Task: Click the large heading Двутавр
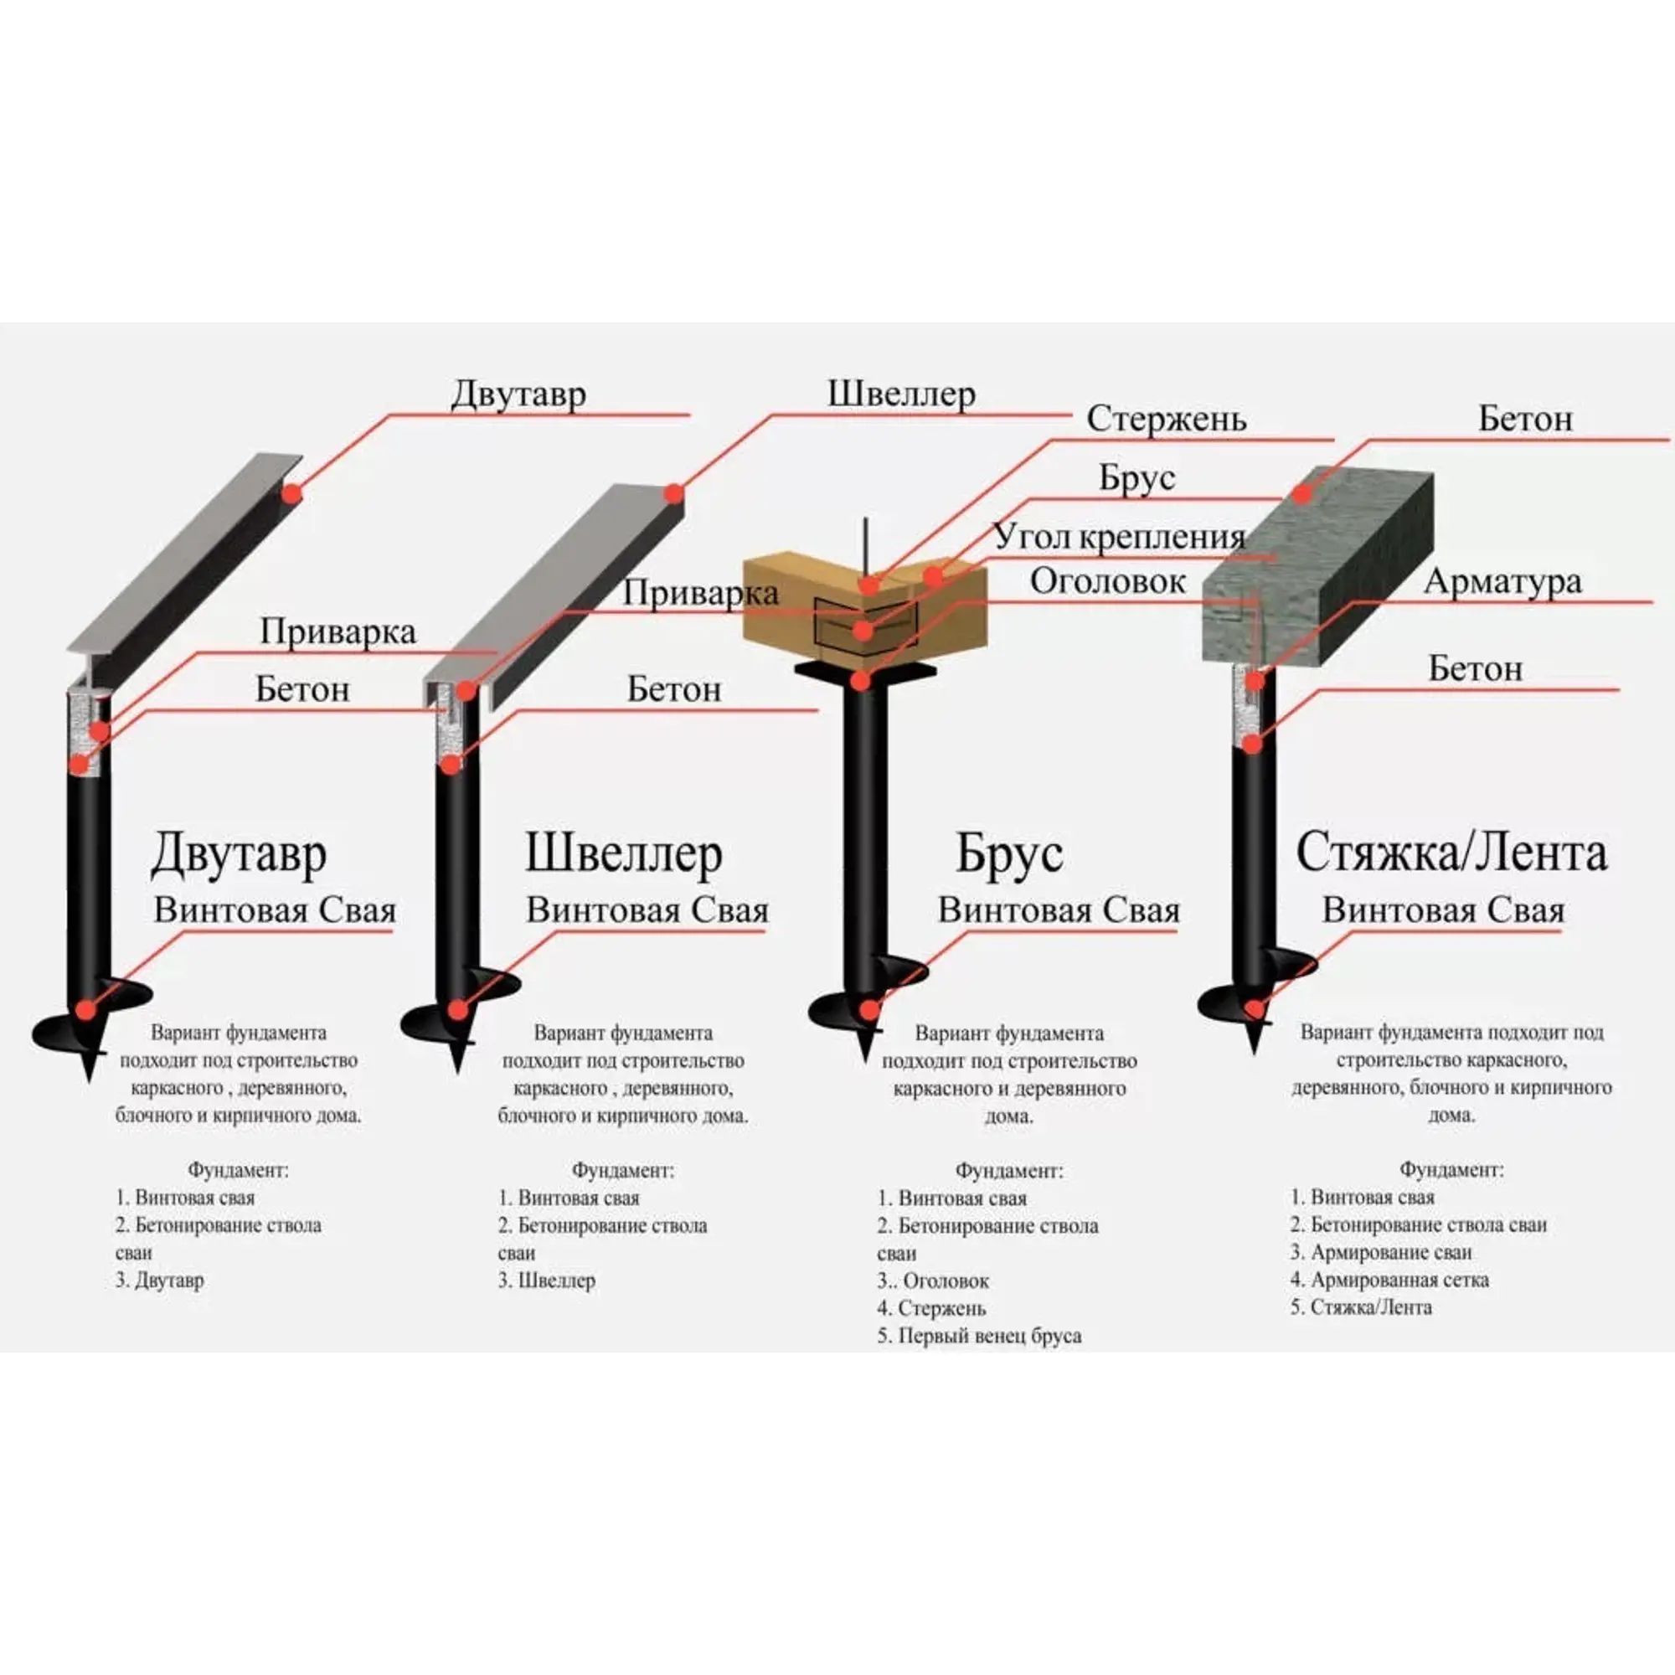tap(239, 854)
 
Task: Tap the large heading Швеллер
tap(623, 854)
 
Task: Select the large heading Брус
tap(1008, 854)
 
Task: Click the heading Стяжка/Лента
tap(1451, 854)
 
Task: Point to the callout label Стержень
tap(1166, 419)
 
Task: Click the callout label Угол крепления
tap(1118, 538)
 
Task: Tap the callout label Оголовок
tap(1107, 582)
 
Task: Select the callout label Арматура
tap(1502, 582)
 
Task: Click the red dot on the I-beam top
tap(291, 493)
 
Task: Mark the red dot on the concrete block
tap(1301, 493)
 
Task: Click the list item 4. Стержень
tap(931, 1308)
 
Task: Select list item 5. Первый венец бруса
tap(979, 1336)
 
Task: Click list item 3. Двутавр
tap(161, 1281)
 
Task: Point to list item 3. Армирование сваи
tap(1380, 1252)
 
